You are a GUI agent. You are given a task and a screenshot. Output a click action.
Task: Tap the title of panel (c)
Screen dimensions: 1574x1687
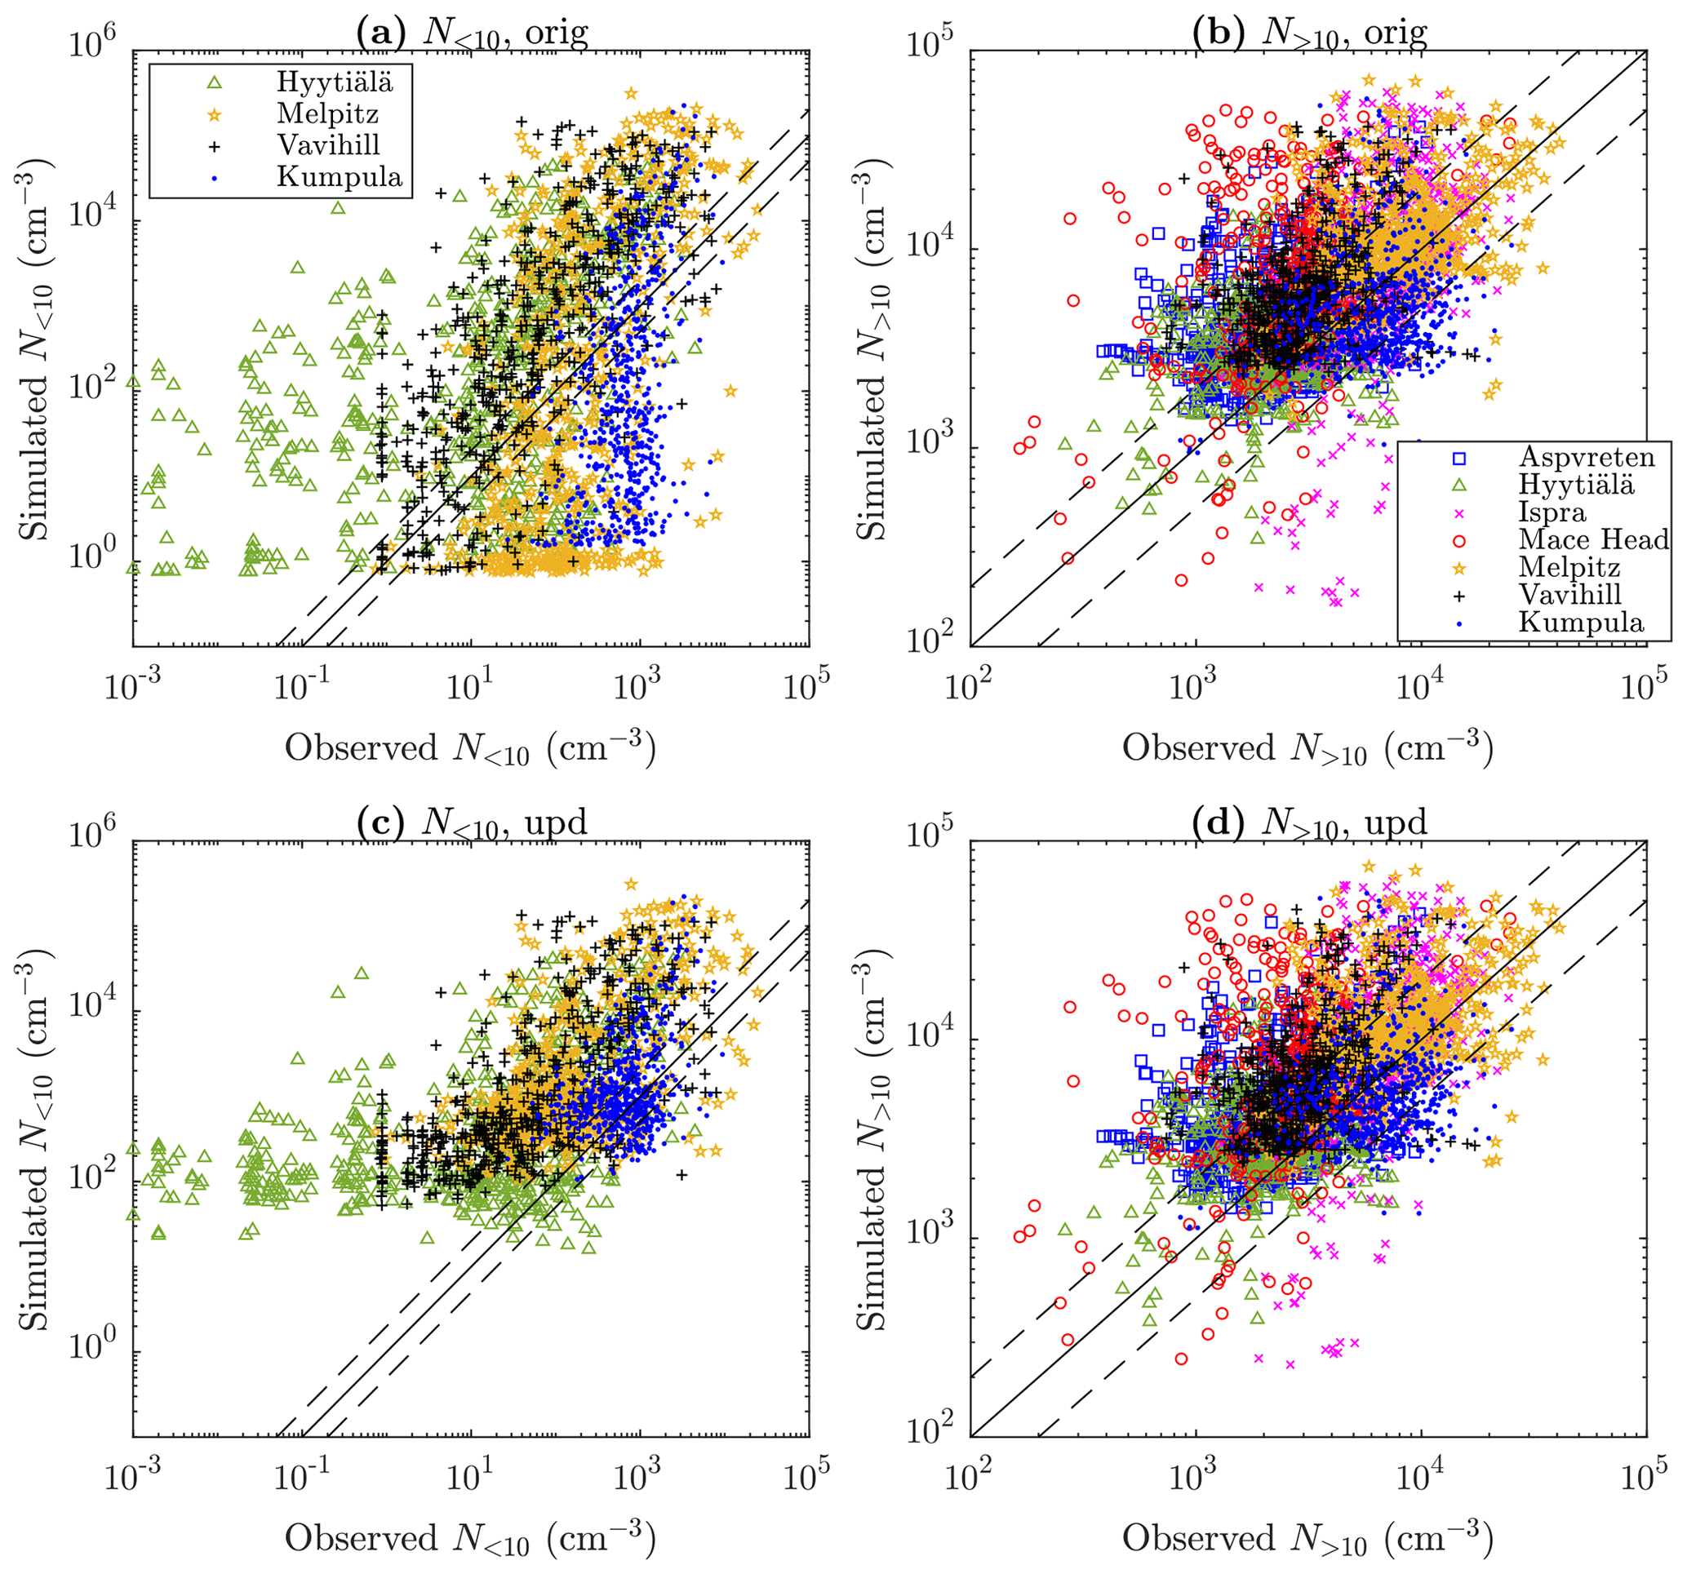472,822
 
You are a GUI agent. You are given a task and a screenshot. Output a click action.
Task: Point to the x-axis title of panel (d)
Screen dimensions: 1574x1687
1307,1537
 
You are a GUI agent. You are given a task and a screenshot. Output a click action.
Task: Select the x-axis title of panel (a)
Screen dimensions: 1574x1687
470,748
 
